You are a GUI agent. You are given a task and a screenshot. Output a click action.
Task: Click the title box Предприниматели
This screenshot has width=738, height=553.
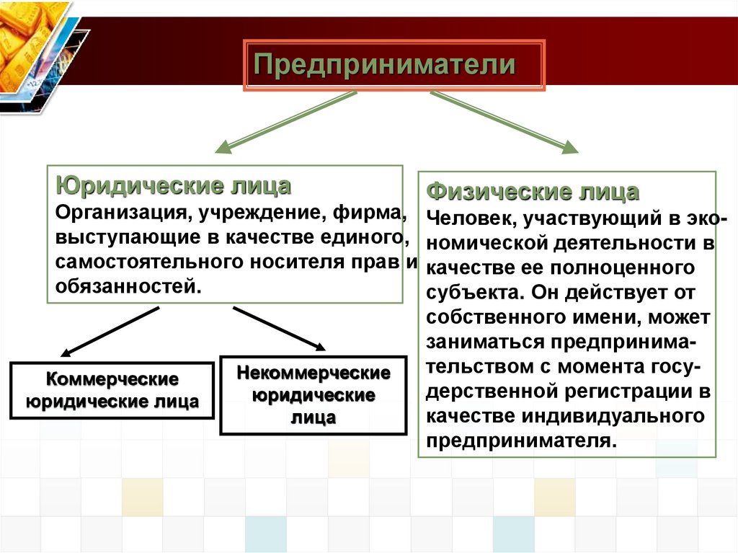(x=394, y=66)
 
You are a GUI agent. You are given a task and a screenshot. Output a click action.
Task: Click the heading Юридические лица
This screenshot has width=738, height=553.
(x=173, y=187)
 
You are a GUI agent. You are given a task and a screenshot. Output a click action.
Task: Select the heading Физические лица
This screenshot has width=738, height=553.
(x=533, y=193)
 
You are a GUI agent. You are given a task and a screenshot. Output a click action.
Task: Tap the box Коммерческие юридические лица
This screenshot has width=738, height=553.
(x=112, y=390)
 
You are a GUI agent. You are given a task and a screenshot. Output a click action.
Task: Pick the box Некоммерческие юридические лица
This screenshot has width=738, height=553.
(x=314, y=395)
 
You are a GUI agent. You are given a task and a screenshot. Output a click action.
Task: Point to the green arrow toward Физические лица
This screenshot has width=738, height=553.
(x=504, y=122)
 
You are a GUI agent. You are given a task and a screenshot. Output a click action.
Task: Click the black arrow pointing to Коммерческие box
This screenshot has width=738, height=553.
(x=108, y=331)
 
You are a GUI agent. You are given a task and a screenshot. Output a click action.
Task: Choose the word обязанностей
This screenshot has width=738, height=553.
(x=125, y=286)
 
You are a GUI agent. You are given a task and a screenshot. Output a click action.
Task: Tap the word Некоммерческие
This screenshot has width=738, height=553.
(x=314, y=373)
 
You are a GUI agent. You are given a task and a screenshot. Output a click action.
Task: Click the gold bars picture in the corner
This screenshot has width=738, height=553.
(x=29, y=43)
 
